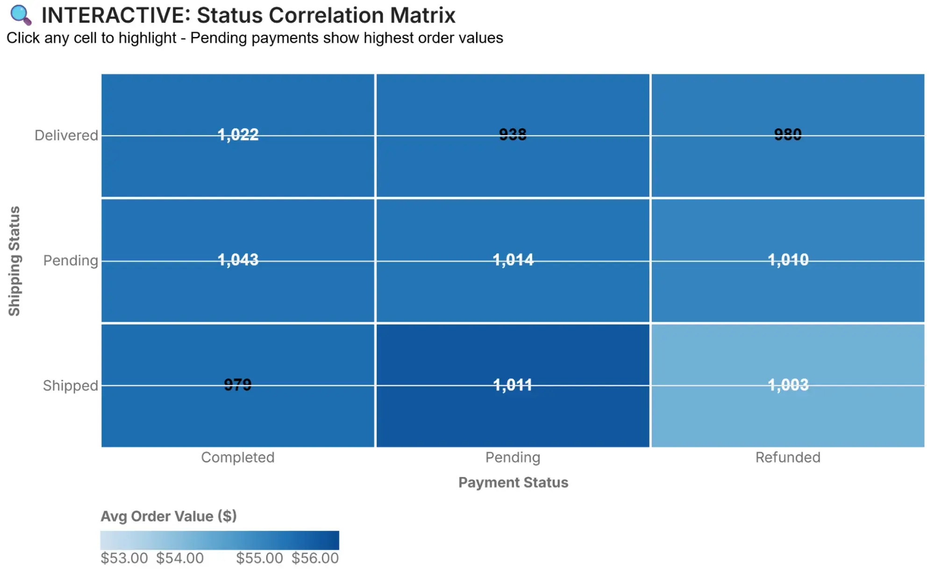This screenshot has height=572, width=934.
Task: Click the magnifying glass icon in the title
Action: tap(21, 15)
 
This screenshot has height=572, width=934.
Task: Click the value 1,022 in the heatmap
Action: tap(238, 135)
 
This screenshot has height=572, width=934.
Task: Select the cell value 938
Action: tap(513, 135)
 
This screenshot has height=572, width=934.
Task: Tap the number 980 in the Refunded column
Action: tap(787, 135)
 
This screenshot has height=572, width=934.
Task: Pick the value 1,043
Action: tap(238, 260)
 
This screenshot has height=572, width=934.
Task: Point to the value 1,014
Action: tap(513, 260)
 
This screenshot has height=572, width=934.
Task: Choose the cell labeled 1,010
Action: tap(788, 260)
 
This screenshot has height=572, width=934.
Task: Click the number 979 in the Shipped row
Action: tap(237, 384)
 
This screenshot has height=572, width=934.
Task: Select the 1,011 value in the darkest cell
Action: tap(513, 385)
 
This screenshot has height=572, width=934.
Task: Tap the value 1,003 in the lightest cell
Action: tap(788, 385)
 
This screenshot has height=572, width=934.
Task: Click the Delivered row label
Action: tap(66, 135)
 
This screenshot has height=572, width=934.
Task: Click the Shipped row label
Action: tap(70, 385)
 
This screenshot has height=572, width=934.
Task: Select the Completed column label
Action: tap(237, 457)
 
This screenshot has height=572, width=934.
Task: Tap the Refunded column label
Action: tap(787, 457)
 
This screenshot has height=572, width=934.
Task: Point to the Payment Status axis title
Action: tap(513, 482)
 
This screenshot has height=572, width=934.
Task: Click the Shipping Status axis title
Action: tap(14, 261)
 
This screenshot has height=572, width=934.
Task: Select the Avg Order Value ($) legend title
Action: tap(168, 516)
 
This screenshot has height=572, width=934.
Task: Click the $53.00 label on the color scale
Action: tap(124, 558)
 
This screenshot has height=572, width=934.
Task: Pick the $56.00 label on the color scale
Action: tap(315, 558)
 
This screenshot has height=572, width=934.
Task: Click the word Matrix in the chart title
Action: tap(422, 15)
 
